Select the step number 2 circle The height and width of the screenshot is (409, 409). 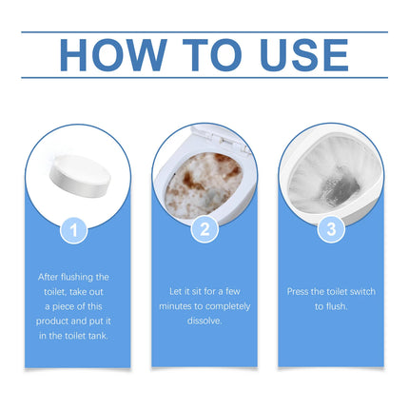(x=204, y=229)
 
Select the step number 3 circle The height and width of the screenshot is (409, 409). (x=330, y=229)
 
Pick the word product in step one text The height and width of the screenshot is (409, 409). (x=63, y=322)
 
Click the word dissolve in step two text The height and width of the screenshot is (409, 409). (x=204, y=321)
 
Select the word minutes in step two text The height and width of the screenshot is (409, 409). (x=180, y=306)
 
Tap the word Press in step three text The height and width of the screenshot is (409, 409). (x=298, y=292)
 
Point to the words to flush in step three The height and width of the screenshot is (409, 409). (x=330, y=307)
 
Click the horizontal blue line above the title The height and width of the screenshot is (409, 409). (x=204, y=31)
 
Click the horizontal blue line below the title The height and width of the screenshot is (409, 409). (x=204, y=78)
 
